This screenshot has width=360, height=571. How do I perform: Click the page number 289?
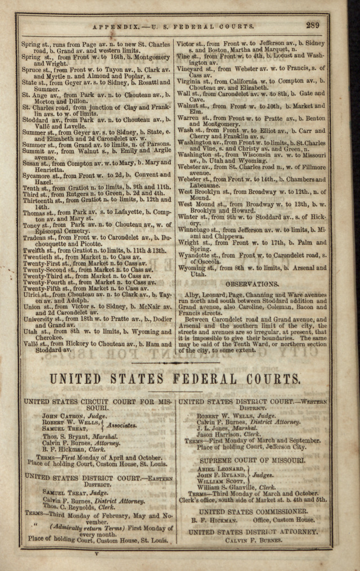[313, 25]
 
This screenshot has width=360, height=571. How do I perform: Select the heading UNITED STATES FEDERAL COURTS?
[175, 379]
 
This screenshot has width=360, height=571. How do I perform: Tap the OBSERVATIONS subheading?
[252, 285]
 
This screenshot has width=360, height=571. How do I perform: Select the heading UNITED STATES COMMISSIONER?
[253, 511]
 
